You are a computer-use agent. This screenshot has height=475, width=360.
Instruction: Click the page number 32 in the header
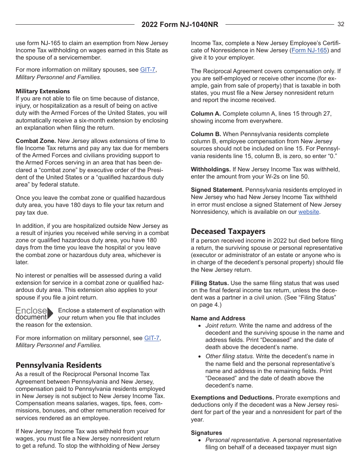pos(341,24)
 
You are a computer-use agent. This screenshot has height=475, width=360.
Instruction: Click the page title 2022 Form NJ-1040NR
pos(180,25)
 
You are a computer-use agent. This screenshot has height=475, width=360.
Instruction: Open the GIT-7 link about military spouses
pos(147,70)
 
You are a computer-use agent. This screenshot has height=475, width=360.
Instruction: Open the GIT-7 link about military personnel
pos(152,338)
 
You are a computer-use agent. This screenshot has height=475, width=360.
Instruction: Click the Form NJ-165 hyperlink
pos(309,50)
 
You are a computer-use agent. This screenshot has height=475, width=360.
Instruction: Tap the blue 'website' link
pos(308,212)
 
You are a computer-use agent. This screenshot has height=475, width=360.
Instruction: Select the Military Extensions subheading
pos(43,91)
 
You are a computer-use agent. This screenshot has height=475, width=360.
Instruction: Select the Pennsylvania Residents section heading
pos(59,365)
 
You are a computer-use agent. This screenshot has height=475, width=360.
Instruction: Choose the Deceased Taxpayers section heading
pos(228,231)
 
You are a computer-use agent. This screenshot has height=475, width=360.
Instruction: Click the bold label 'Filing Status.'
pos(210,283)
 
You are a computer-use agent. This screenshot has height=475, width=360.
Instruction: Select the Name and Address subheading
pos(218,318)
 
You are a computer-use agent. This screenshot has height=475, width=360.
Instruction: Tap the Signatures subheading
pos(207,433)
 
